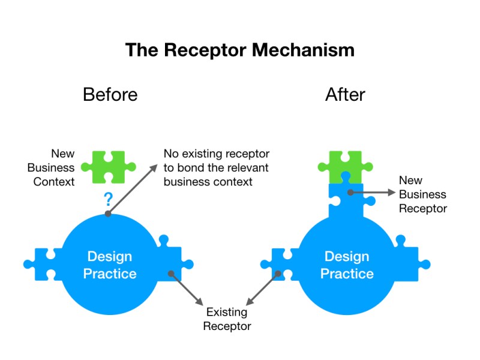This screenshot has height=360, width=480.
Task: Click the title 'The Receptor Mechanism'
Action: tap(239, 50)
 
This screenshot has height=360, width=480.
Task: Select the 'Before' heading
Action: tap(110, 95)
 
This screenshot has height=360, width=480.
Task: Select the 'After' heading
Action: tap(345, 95)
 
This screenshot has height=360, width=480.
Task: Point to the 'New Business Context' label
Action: tap(54, 168)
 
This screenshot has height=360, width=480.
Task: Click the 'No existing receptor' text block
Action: tap(217, 168)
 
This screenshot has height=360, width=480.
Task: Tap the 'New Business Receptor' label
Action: tap(422, 194)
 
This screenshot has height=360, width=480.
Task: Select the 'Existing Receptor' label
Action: tap(227, 319)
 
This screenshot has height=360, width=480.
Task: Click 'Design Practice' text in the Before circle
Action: tap(110, 265)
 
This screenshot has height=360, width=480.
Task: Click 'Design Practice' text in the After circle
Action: tap(347, 265)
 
